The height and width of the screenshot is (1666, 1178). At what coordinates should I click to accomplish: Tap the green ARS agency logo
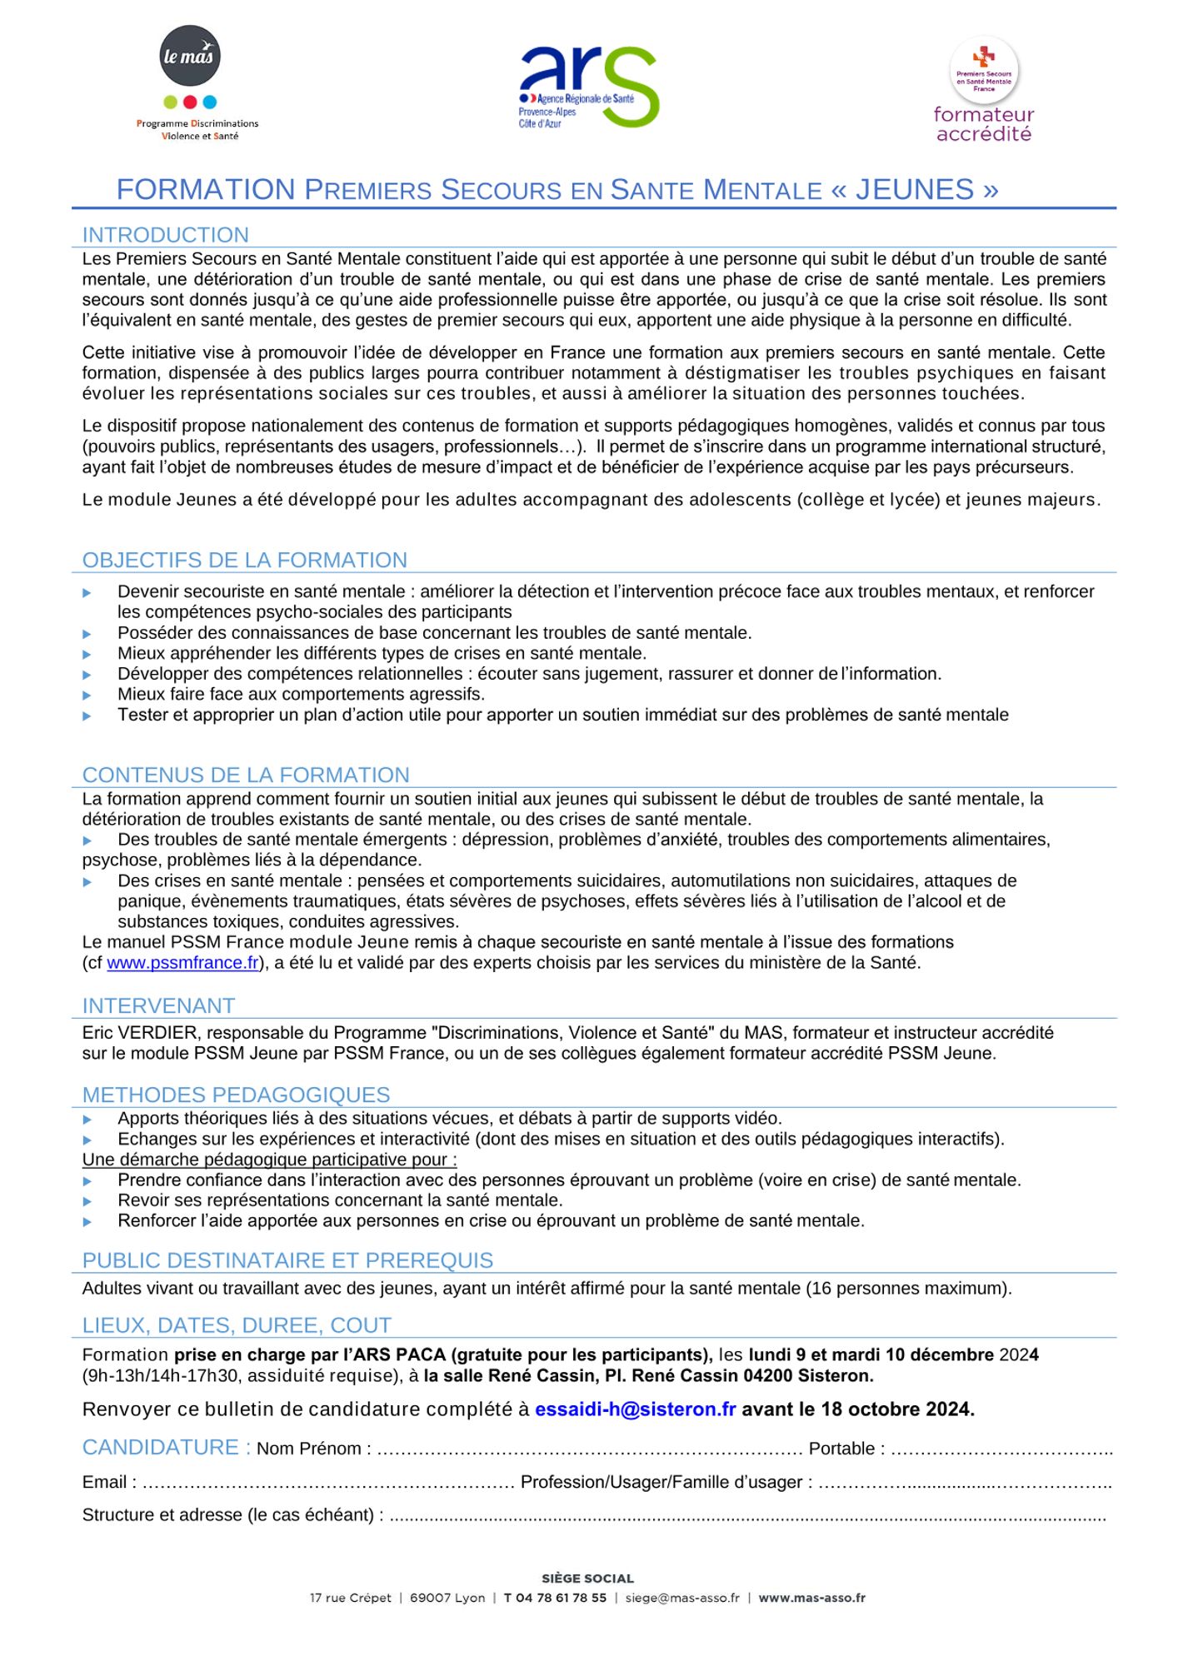[x=588, y=87]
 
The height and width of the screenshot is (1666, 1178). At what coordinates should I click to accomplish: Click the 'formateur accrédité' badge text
[x=983, y=124]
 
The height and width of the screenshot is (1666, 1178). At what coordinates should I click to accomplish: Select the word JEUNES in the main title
[x=914, y=190]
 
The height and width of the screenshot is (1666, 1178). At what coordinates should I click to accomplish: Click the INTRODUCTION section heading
[x=165, y=235]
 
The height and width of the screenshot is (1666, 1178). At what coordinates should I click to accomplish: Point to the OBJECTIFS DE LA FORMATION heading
[x=244, y=560]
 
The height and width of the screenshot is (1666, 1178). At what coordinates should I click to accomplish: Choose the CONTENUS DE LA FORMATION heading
[x=246, y=775]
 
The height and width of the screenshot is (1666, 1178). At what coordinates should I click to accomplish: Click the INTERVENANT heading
[x=158, y=1005]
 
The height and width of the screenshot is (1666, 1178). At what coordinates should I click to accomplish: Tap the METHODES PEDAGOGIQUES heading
[x=236, y=1095]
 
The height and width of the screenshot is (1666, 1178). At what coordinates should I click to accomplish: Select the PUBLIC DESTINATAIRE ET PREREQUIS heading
[x=287, y=1260]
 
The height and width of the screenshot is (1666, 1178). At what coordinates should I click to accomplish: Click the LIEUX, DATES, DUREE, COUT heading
[x=237, y=1325]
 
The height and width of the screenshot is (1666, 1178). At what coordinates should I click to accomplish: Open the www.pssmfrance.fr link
[x=182, y=963]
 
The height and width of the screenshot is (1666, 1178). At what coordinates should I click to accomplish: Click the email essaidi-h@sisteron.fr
[x=635, y=1409]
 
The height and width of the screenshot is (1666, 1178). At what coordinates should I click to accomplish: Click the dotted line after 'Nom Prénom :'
[x=589, y=1449]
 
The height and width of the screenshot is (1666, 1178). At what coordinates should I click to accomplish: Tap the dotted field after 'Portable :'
[x=1001, y=1449]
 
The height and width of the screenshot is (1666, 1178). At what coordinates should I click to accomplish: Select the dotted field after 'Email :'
[x=328, y=1483]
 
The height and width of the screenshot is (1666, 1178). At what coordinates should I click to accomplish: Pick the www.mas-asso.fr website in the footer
[x=811, y=1598]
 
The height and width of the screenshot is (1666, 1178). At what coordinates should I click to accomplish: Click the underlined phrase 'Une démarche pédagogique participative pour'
[x=268, y=1160]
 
